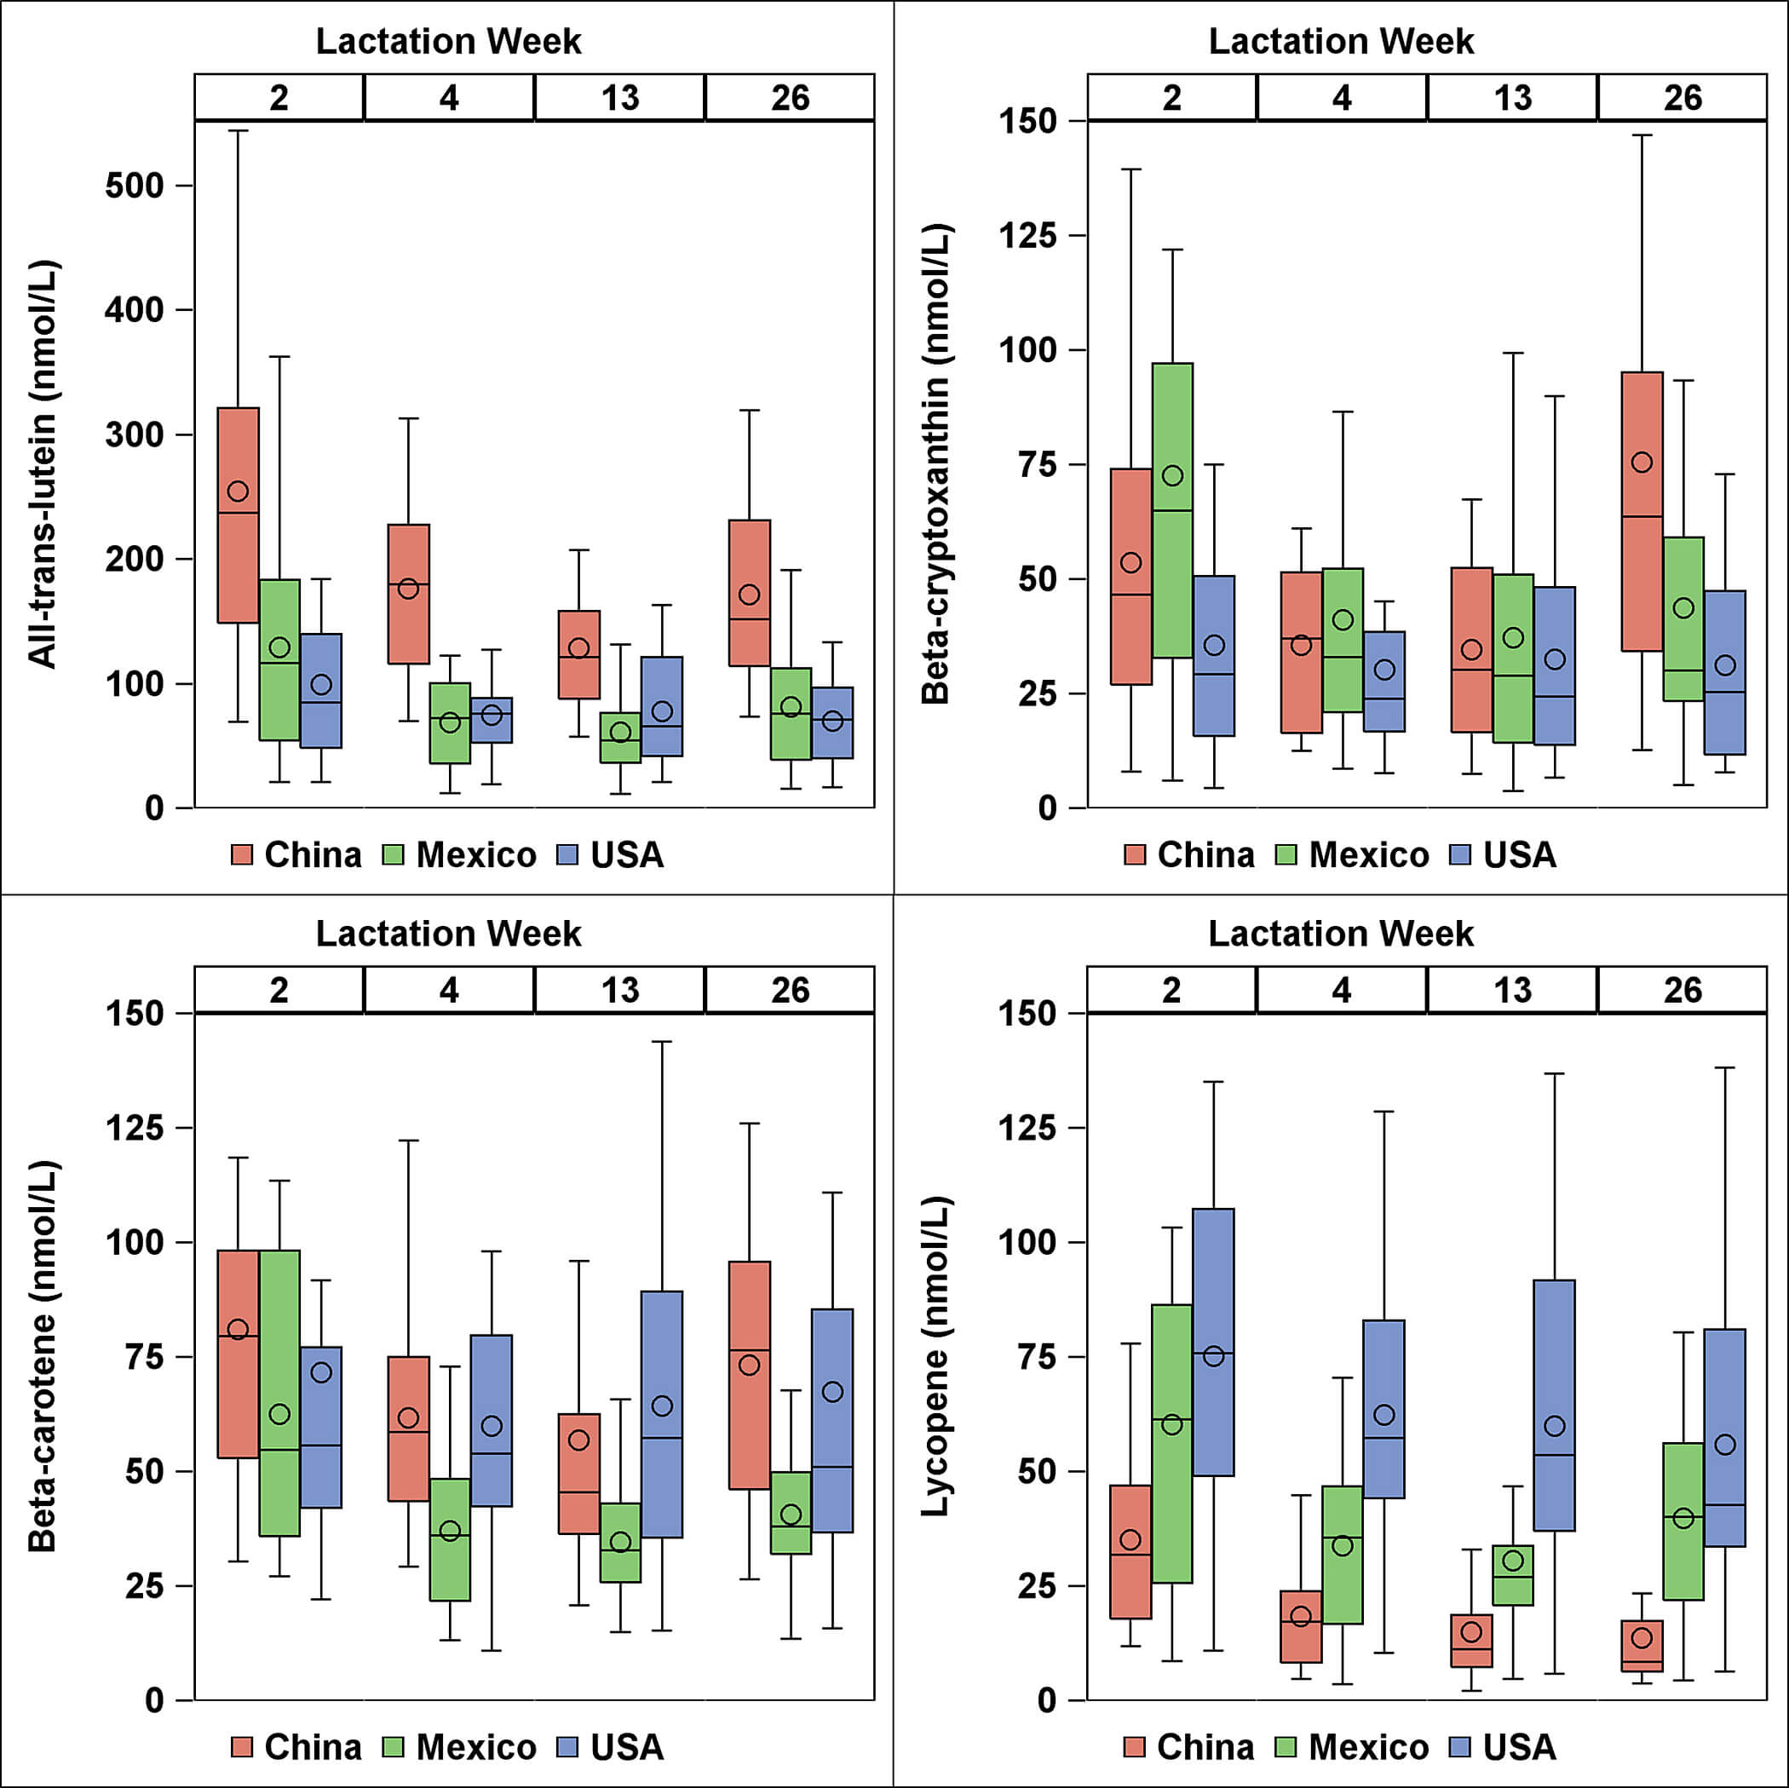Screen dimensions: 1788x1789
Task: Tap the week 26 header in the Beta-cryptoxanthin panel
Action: [x=1682, y=98]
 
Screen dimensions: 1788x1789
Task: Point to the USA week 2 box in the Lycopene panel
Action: [x=1213, y=1342]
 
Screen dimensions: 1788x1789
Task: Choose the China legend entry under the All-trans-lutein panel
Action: [x=296, y=854]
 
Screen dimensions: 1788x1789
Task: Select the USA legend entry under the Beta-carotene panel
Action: [x=610, y=1747]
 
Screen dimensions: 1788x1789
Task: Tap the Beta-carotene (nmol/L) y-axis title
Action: [x=43, y=1356]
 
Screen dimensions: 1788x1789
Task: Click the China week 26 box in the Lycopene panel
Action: [x=1642, y=1646]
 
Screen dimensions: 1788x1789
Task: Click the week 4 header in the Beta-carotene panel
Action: [x=449, y=991]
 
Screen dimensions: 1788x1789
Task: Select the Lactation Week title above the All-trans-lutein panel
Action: [x=448, y=41]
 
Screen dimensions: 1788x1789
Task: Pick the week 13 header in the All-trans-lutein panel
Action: [x=619, y=98]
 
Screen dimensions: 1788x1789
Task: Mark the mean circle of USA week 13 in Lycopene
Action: [x=1554, y=1426]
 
